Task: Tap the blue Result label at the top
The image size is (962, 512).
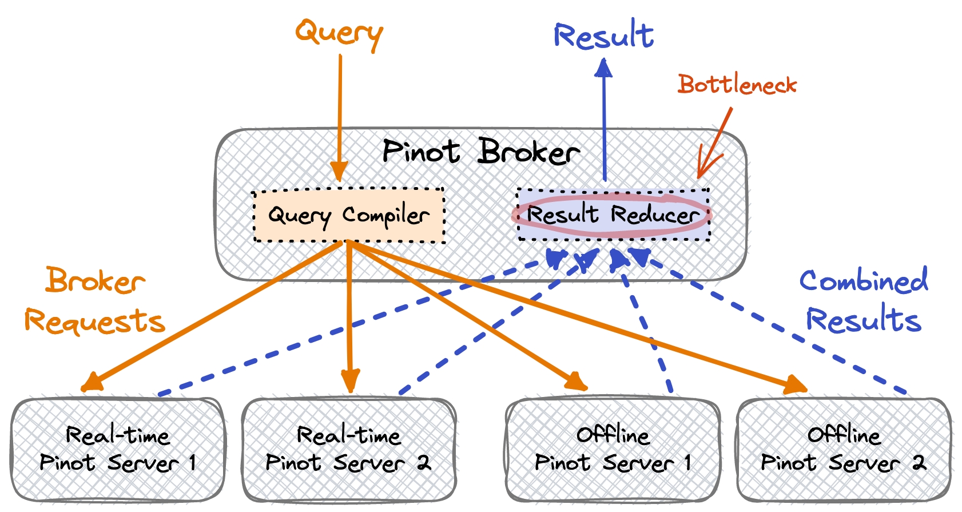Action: coord(603,35)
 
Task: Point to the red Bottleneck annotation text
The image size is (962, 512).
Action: coord(737,85)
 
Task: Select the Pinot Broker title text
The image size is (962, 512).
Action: coord(480,152)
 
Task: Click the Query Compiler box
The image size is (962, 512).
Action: coord(349,216)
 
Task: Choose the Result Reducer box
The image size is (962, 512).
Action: coord(613,215)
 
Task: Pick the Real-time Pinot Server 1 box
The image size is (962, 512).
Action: coord(118,450)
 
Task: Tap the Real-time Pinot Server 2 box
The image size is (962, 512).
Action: coord(349,450)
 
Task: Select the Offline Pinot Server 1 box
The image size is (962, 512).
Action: coord(613,450)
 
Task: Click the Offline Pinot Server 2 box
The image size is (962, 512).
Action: coord(844,450)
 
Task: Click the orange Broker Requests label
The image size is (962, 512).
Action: coord(95,300)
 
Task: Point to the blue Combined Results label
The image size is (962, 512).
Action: coord(864,300)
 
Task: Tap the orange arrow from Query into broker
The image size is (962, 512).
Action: coord(340,114)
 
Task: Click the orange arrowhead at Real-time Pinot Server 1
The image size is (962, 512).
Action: coord(92,382)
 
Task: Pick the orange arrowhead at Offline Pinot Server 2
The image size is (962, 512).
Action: coord(796,386)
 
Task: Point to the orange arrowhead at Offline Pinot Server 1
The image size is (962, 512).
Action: coord(577,382)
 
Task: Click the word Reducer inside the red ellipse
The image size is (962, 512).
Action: coord(655,215)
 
